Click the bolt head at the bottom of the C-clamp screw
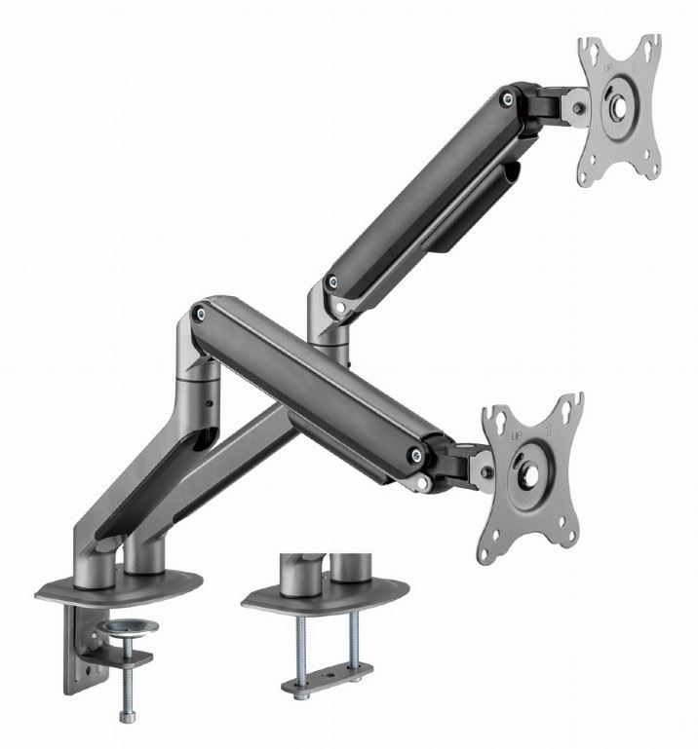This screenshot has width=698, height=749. (x=128, y=717)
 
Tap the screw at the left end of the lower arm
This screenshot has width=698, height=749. (x=200, y=313)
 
